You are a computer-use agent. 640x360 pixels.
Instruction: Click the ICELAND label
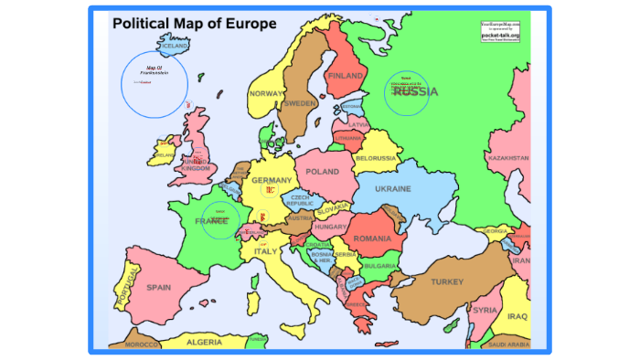pyautogui.click(x=174, y=45)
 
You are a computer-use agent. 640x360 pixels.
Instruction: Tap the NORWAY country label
pyautogui.click(x=267, y=94)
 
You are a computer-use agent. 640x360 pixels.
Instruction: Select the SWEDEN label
pyautogui.click(x=300, y=104)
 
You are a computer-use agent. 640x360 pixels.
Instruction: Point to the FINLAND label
pyautogui.click(x=346, y=76)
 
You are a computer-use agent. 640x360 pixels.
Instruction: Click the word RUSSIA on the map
pyautogui.click(x=415, y=91)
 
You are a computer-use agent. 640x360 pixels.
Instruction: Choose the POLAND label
pyautogui.click(x=323, y=172)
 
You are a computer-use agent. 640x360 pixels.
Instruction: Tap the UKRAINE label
pyautogui.click(x=392, y=189)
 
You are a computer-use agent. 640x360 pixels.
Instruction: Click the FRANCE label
pyautogui.click(x=211, y=221)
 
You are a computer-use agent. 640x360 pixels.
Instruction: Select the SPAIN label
pyautogui.click(x=159, y=287)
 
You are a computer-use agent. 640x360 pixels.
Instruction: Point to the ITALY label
pyautogui.click(x=265, y=251)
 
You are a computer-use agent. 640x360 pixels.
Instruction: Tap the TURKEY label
pyautogui.click(x=448, y=281)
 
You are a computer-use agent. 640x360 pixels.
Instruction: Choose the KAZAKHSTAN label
pyautogui.click(x=508, y=158)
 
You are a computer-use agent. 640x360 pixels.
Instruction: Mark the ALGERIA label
pyautogui.click(x=204, y=343)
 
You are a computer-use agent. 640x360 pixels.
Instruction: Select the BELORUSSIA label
pyautogui.click(x=376, y=158)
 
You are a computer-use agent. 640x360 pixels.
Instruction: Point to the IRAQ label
pyautogui.click(x=517, y=316)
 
